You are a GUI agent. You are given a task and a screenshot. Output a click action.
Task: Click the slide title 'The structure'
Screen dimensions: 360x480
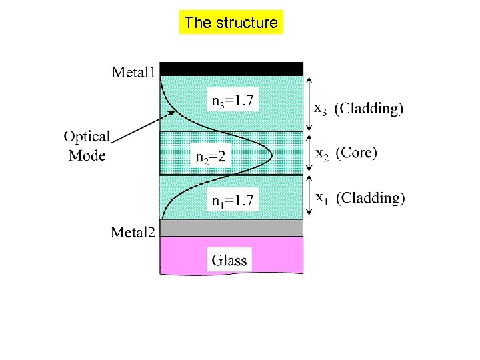pos(231,23)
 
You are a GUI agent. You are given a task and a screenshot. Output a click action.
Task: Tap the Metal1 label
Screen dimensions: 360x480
pos(133,71)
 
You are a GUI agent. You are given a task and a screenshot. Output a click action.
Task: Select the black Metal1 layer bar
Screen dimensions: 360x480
pos(231,69)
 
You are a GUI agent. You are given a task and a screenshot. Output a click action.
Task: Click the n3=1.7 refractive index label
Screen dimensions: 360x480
pos(232,101)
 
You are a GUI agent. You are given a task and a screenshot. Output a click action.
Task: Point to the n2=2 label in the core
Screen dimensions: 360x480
pos(210,157)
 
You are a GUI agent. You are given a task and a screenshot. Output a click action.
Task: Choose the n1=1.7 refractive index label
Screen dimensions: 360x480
pos(232,200)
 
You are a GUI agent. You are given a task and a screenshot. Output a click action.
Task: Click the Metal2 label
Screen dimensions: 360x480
pos(134,232)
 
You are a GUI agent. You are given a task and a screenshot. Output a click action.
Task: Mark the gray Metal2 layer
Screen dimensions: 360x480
pos(231,228)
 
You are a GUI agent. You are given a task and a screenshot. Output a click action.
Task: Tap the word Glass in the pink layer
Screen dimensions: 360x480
pos(229,260)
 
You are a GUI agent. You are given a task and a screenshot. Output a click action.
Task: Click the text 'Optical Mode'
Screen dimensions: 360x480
pos(87,146)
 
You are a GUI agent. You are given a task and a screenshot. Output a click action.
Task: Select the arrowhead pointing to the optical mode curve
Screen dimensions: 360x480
pos(173,113)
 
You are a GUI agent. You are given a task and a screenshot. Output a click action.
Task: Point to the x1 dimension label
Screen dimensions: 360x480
pos(321,198)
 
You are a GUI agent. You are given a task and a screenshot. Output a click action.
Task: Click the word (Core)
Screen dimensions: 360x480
pos(356,153)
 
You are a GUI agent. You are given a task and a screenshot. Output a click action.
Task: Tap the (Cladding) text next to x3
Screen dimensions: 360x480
pos(369,108)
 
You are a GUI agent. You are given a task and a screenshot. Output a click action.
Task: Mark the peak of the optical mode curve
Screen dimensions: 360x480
pos(272,154)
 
